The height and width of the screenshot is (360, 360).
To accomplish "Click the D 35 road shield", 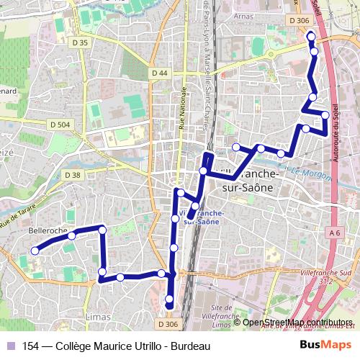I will (80, 43).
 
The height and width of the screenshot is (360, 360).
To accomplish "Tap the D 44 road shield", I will (160, 73).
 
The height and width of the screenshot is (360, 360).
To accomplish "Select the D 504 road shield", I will (61, 125).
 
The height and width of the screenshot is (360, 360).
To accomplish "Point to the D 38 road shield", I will (72, 175).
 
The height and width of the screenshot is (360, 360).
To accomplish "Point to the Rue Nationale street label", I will (181, 108).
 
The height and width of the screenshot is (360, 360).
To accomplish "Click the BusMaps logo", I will (325, 345).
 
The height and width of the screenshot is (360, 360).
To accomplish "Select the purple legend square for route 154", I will (10, 346).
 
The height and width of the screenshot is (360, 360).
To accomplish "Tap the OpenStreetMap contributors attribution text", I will (297, 323).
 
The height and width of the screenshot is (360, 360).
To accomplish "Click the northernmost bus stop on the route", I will (310, 36).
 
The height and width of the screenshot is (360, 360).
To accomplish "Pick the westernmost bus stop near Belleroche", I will (34, 251).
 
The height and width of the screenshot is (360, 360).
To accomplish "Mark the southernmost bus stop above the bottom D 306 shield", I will (169, 299).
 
